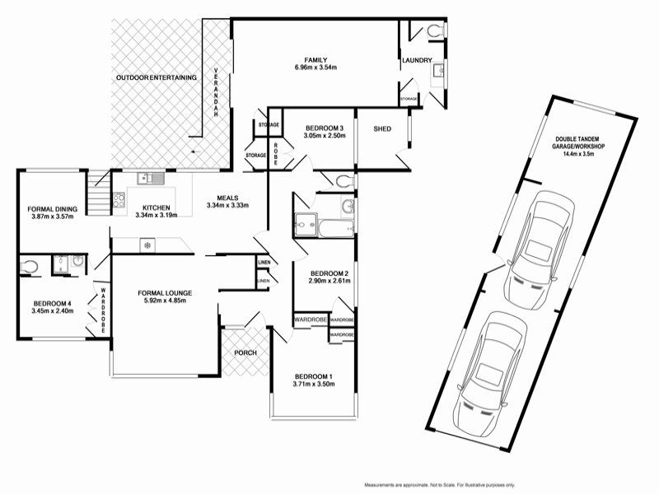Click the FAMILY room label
(x=315, y=60)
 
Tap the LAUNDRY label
(x=417, y=61)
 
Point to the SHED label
(x=382, y=129)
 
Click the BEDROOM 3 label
(x=324, y=128)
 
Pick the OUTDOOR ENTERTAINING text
(x=157, y=77)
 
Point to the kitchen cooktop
(x=118, y=198)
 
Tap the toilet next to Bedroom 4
(x=29, y=265)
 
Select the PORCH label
(x=245, y=353)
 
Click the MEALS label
(x=227, y=197)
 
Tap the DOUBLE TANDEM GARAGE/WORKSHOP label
(x=579, y=146)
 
